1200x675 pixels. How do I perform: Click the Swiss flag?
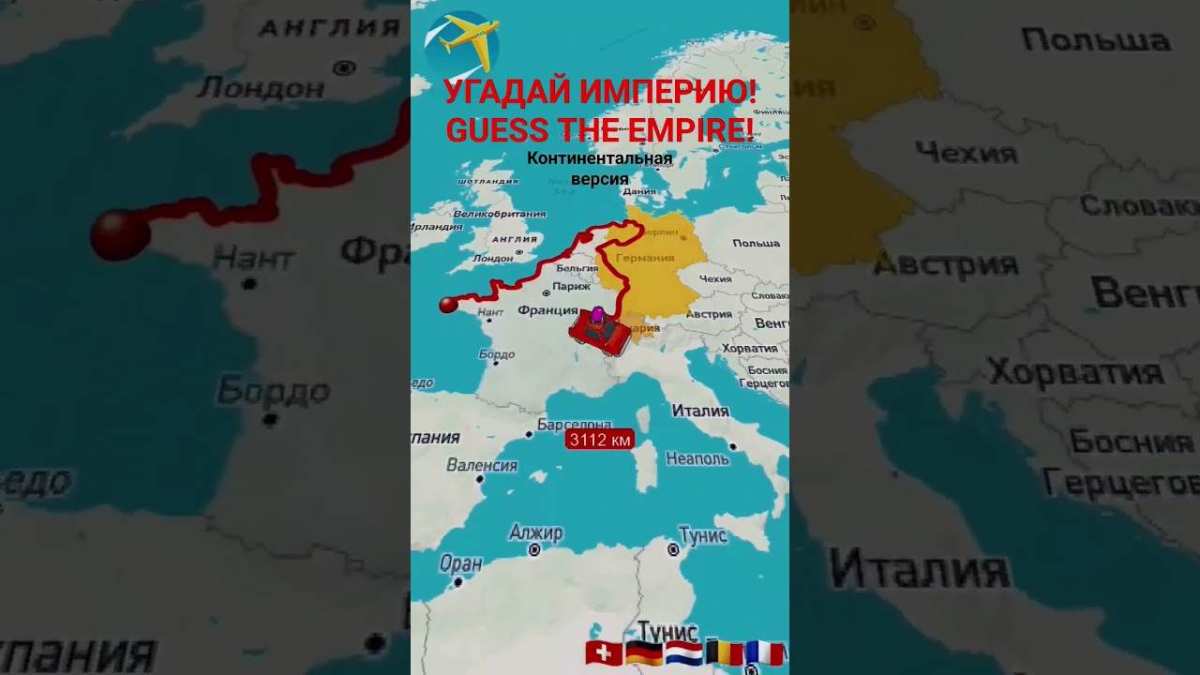point(604,653)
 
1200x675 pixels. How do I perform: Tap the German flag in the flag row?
point(644,653)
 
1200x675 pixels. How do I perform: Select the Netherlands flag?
point(683,653)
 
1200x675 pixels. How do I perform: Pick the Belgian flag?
point(724,653)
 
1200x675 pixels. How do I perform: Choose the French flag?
point(764,653)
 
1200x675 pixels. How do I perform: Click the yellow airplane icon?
point(462,42)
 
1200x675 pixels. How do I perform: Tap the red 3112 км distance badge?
point(599,439)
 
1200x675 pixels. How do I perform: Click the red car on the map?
point(600,334)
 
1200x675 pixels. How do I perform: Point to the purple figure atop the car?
point(597,314)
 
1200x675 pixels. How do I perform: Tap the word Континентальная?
point(599,158)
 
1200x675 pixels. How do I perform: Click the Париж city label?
point(571,287)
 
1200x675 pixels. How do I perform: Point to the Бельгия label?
point(577,268)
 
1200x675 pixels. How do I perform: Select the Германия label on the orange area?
point(645,258)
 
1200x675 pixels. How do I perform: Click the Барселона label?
point(574,426)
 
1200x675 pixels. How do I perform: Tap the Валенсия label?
point(482,465)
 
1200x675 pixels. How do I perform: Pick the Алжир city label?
point(535,533)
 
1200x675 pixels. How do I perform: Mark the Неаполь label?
point(697,458)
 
